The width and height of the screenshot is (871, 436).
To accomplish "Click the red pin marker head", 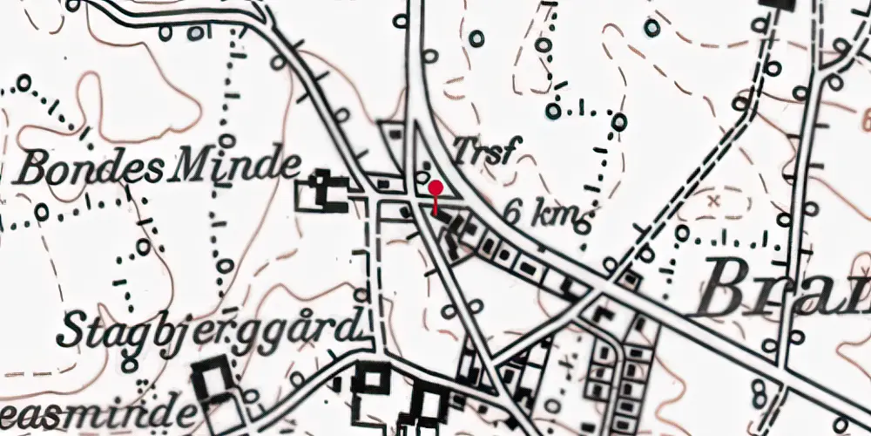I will click(x=435, y=187).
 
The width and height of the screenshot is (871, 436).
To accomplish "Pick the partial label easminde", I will click(x=96, y=412).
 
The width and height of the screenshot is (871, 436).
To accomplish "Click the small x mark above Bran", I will click(x=716, y=201).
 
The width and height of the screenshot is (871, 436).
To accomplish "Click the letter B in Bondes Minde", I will click(x=35, y=168).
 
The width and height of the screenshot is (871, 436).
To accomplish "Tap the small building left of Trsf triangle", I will click(x=395, y=133).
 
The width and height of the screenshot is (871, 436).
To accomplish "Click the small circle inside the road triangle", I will click(x=424, y=167).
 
